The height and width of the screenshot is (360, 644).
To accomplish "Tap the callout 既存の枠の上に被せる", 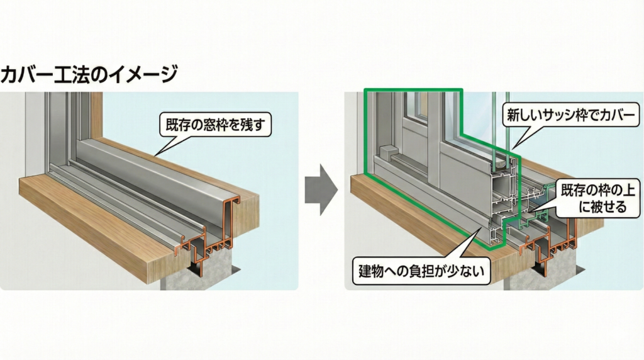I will coord(594,198).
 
